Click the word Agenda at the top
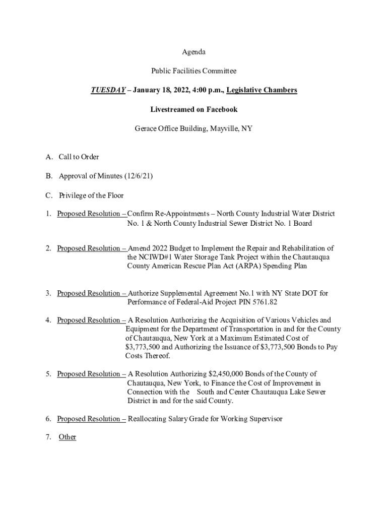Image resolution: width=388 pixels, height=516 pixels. click(193, 52)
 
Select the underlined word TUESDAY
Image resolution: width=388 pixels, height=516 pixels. click(108, 90)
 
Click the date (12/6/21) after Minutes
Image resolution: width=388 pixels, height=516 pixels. click(138, 176)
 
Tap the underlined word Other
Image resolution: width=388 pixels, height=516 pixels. click(68, 437)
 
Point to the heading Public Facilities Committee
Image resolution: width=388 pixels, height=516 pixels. click(193, 71)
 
